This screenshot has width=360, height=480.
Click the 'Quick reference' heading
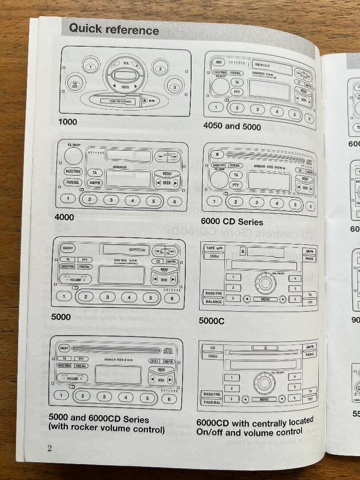[x=113, y=29]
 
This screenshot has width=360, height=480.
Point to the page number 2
[x=49, y=448]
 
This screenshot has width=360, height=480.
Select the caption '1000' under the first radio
[x=68, y=122]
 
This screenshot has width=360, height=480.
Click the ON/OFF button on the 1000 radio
[x=75, y=85]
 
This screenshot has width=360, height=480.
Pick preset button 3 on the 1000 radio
[x=175, y=87]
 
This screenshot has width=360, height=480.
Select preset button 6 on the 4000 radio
[x=174, y=201]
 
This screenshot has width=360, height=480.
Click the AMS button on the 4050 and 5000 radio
[x=218, y=62]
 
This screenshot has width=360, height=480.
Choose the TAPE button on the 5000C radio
[x=211, y=249]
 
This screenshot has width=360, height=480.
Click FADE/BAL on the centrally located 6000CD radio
[x=212, y=403]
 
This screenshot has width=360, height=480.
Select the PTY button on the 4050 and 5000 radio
[x=236, y=91]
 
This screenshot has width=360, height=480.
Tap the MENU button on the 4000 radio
[x=168, y=174]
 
